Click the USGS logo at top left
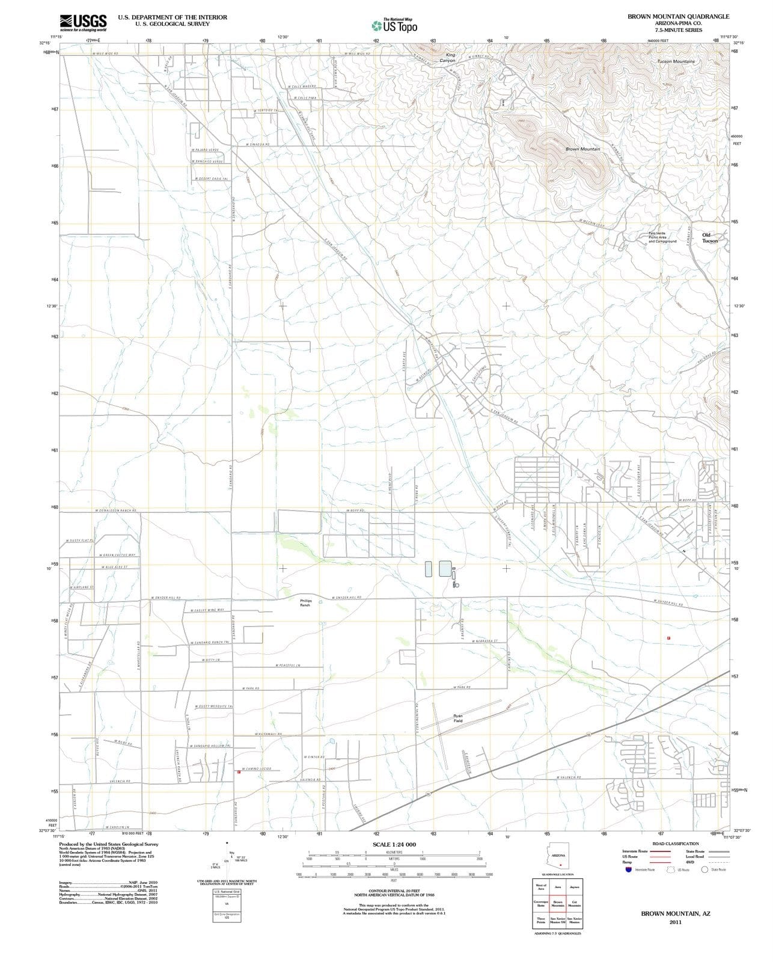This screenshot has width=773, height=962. [x=83, y=23]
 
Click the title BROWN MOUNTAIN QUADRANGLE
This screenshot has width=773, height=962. [x=678, y=17]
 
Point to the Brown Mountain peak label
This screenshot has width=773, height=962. [x=582, y=149]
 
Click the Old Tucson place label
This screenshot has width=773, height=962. [x=709, y=237]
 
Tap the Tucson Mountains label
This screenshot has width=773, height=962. [x=676, y=61]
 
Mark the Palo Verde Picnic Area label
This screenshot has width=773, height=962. [x=662, y=237]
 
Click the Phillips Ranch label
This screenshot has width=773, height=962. [x=306, y=602]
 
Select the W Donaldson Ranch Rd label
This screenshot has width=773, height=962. [x=116, y=510]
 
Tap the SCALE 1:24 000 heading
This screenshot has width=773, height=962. [x=394, y=845]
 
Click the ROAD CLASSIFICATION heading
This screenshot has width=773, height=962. [x=676, y=844]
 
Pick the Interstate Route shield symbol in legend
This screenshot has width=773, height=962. [x=629, y=869]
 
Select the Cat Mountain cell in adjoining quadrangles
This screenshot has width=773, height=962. [x=574, y=903]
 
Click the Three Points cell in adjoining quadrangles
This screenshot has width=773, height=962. [x=541, y=920]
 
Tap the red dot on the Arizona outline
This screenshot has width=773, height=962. [x=560, y=865]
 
